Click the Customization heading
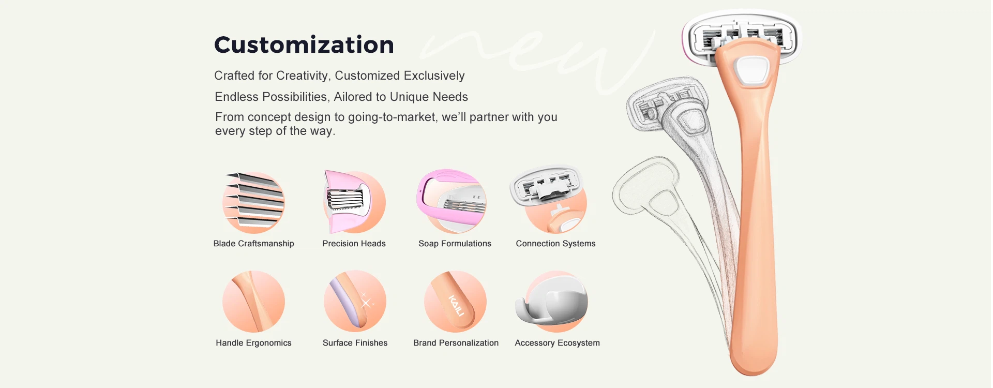304,45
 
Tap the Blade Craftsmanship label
253,244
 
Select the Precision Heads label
354,244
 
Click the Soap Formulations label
455,244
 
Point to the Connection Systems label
555,244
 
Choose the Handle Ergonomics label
253,343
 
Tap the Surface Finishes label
355,343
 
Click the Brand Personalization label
456,343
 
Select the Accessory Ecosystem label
557,343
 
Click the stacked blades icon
254,202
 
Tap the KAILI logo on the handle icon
456,305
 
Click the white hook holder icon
551,301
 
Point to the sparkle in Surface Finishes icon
366,302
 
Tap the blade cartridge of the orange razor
741,40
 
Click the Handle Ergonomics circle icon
253,301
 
